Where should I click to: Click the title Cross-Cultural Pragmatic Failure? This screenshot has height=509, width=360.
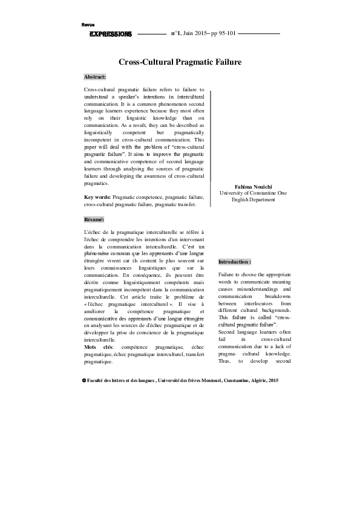pos(180,62)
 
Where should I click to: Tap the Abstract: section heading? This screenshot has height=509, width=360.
pos(95,78)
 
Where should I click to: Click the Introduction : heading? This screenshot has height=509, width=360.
pos(234,262)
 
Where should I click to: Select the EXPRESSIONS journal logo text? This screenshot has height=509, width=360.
pos(110,34)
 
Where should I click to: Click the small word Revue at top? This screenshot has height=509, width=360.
pos(88,24)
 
